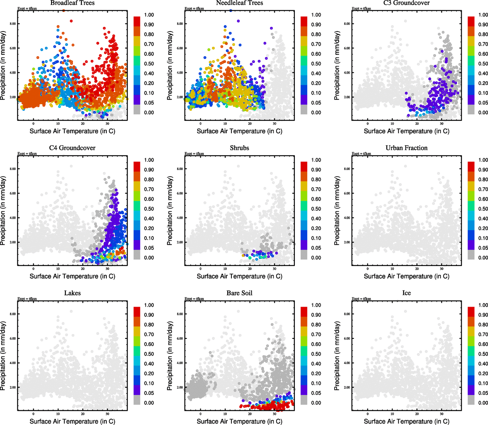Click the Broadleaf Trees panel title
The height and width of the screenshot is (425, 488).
[x=72, y=3]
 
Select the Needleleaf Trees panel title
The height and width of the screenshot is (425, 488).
[x=240, y=3]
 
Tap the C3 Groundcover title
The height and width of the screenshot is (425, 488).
[x=406, y=3]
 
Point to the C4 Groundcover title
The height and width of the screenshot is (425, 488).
[x=72, y=148]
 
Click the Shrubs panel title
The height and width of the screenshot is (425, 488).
[x=240, y=148]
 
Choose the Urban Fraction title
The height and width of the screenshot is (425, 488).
[x=406, y=148]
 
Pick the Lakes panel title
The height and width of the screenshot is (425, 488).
[x=72, y=293]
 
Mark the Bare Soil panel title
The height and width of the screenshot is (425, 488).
[x=240, y=293]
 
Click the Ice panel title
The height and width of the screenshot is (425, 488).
[x=406, y=293]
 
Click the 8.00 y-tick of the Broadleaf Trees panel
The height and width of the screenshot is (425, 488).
[x=12, y=24]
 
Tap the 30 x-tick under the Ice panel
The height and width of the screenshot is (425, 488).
[x=442, y=414]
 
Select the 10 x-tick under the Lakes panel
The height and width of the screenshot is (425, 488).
[x=58, y=414]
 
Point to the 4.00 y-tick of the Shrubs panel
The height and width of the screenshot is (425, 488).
[x=180, y=218]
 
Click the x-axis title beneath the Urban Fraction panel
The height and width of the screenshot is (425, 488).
[x=406, y=276]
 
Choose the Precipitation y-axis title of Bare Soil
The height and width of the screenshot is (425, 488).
[x=170, y=356]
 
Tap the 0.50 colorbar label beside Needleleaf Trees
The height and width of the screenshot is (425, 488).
[x=316, y=64]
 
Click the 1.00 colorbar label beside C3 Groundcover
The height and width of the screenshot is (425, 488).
[x=483, y=15]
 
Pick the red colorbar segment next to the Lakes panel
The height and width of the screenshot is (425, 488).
[x=137, y=311]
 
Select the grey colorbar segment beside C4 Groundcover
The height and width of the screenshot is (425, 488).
[x=137, y=255]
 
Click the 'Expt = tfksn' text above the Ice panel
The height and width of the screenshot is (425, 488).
[x=361, y=299]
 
